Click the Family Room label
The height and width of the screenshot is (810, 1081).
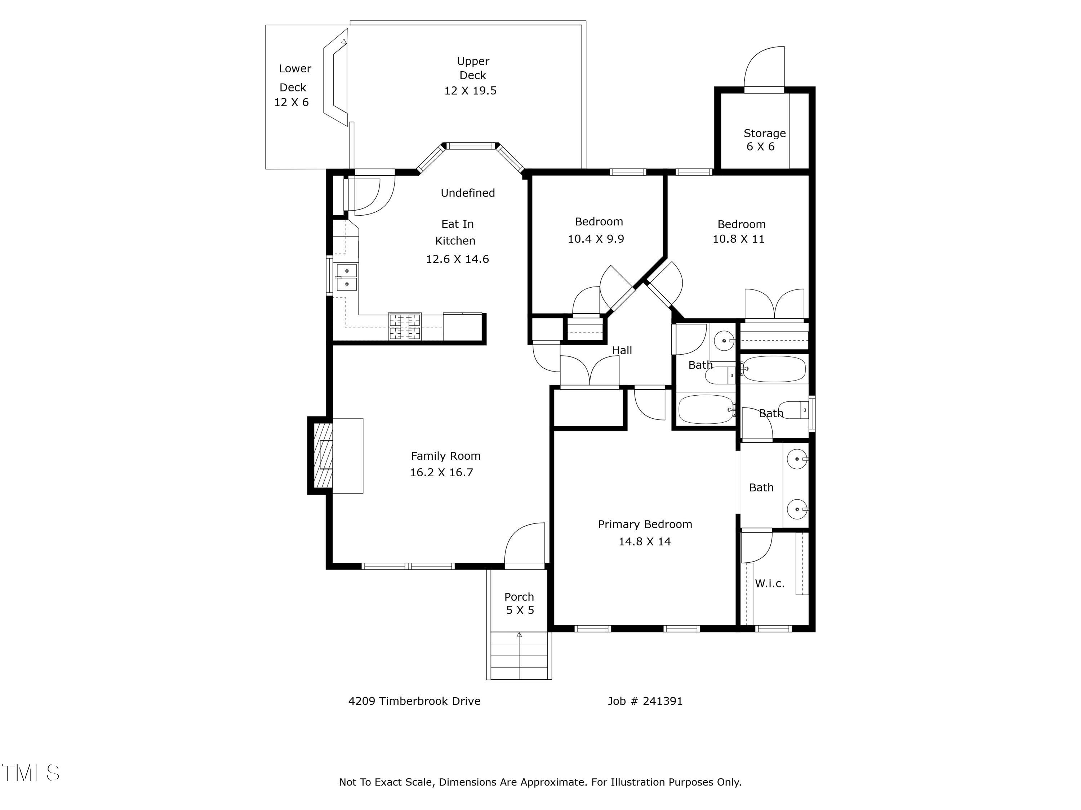tap(446, 456)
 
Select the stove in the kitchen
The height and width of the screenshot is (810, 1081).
tap(405, 327)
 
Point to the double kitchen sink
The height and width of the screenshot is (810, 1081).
tap(347, 277)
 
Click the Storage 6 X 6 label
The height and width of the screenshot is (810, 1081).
tap(764, 140)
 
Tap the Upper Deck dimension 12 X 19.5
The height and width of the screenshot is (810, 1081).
tap(470, 91)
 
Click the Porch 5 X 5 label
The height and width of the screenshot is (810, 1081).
tap(520, 603)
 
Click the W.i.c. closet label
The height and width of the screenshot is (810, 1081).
tap(770, 584)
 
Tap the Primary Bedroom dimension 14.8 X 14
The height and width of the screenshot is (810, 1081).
tap(645, 541)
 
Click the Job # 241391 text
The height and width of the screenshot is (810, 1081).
tap(645, 701)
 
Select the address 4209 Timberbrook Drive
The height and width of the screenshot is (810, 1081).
tap(414, 701)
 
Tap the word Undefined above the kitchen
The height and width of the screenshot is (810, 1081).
tap(468, 193)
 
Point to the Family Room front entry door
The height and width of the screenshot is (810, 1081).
tap(524, 545)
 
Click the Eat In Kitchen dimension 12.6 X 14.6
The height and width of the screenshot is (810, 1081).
tap(457, 259)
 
